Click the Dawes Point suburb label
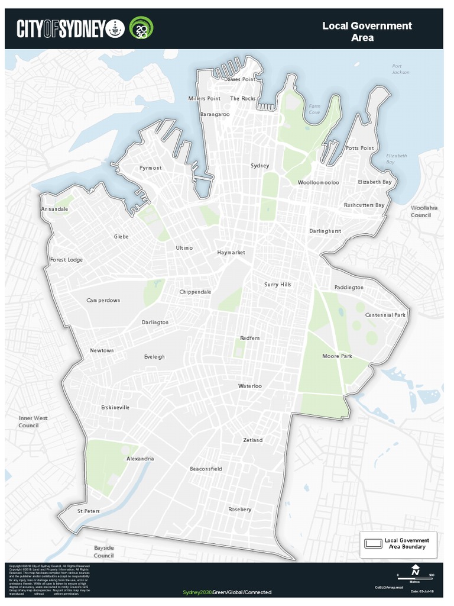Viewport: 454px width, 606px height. pyautogui.click(x=239, y=79)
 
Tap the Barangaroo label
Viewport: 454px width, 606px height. pyautogui.click(x=215, y=114)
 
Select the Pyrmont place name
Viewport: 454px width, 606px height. pyautogui.click(x=150, y=168)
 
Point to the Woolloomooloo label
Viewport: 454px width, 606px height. pyautogui.click(x=318, y=183)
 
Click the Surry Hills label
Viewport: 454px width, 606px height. pyautogui.click(x=277, y=285)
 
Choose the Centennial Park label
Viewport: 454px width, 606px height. pyautogui.click(x=385, y=315)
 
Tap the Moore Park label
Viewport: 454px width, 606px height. pyautogui.click(x=337, y=356)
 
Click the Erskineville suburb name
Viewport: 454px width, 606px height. pyautogui.click(x=115, y=408)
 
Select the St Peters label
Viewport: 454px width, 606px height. pyautogui.click(x=89, y=511)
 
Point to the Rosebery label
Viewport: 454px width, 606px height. pyautogui.click(x=239, y=510)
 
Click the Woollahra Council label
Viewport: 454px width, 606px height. pyautogui.click(x=421, y=212)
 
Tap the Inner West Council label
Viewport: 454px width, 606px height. pyautogui.click(x=28, y=421)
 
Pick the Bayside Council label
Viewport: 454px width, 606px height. pyautogui.click(x=103, y=552)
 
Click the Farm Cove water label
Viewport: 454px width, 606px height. pyautogui.click(x=314, y=109)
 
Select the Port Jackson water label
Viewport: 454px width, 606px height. pyautogui.click(x=400, y=69)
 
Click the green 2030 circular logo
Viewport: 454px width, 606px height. pyautogui.click(x=141, y=28)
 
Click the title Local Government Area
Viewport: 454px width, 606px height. pyautogui.click(x=367, y=31)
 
